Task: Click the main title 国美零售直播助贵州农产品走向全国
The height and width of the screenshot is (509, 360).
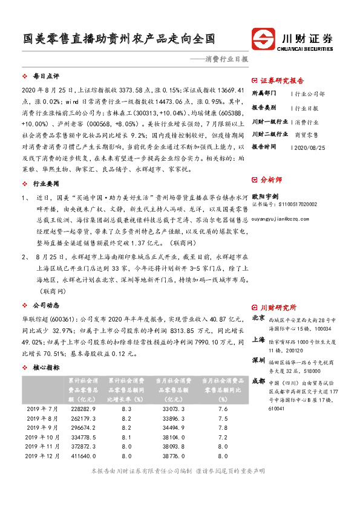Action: tap(116, 39)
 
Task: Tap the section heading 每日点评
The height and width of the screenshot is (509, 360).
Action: tap(45, 77)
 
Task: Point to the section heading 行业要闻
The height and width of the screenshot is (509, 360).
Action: tap(45, 182)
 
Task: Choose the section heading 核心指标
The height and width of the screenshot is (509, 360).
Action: tap(45, 367)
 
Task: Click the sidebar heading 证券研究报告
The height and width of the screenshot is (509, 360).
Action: tap(282, 80)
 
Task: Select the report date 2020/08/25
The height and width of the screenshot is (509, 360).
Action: tap(310, 147)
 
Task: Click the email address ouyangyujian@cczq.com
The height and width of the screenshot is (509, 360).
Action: tap(283, 222)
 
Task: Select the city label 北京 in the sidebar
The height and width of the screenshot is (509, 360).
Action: tap(258, 317)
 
